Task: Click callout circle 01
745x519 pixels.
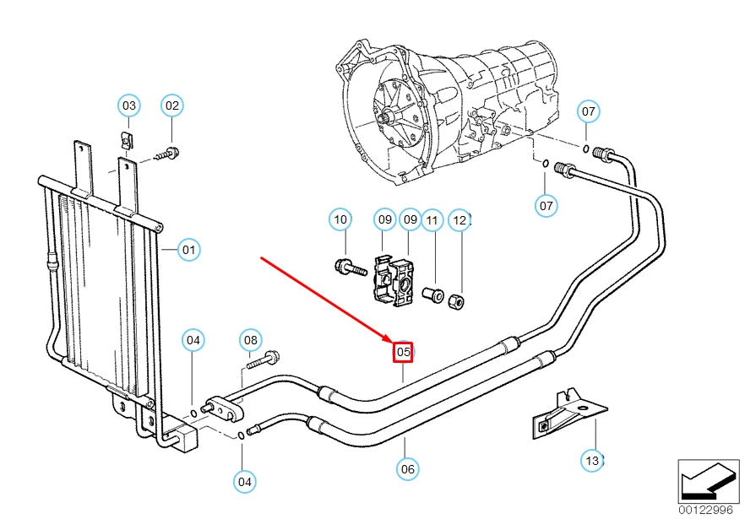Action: point(188,250)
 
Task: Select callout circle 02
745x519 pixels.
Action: point(172,105)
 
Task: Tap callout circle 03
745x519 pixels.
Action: point(128,105)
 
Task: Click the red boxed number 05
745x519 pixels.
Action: point(403,351)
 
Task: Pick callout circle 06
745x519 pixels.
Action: point(407,468)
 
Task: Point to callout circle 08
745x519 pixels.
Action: point(250,340)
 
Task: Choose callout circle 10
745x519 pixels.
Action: point(340,220)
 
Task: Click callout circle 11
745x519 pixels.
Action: point(432,220)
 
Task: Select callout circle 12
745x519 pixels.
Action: point(460,220)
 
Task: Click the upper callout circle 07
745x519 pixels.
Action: point(589,111)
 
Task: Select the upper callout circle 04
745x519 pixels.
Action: point(194,340)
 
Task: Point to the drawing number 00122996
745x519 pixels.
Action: point(704,510)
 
